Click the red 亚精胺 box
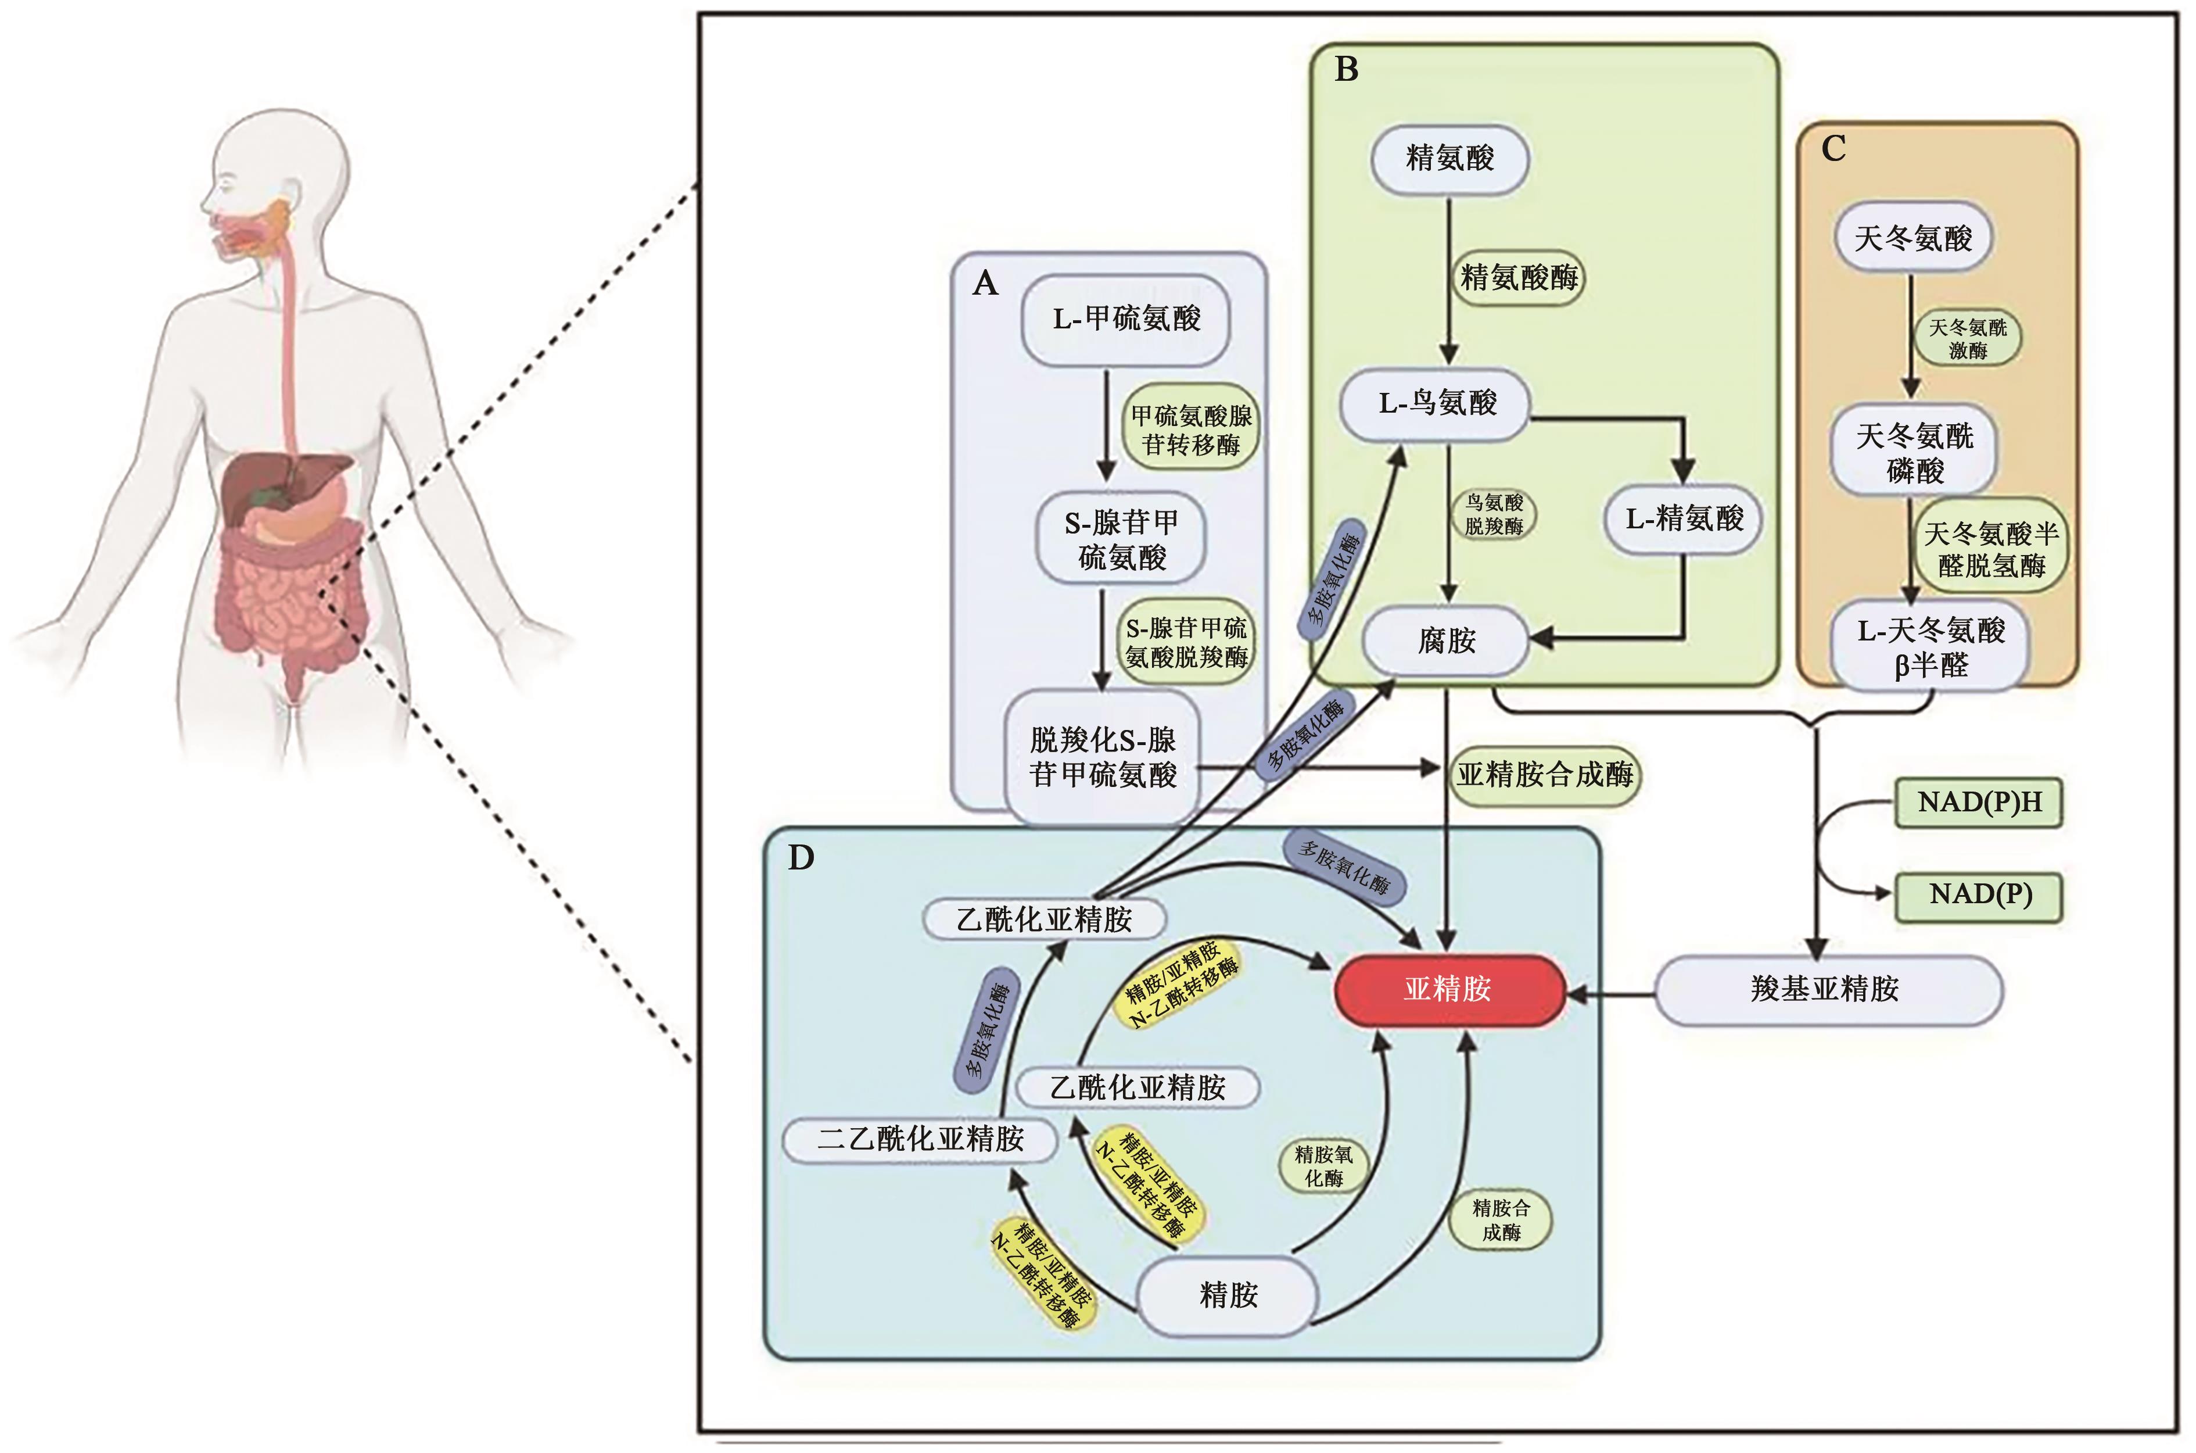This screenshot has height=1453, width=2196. pyautogui.click(x=1448, y=990)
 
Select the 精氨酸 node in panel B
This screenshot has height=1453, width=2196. pyautogui.click(x=1449, y=159)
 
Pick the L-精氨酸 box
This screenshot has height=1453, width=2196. pyautogui.click(x=1684, y=519)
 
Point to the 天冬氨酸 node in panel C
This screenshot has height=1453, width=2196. pyautogui.click(x=1912, y=238)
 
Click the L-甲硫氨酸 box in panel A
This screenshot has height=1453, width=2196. pyautogui.click(x=1125, y=318)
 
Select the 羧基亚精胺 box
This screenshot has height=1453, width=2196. pyautogui.click(x=1825, y=990)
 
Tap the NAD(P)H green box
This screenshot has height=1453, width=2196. pyautogui.click(x=1979, y=803)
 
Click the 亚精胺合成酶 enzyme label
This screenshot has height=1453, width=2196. pyautogui.click(x=1545, y=775)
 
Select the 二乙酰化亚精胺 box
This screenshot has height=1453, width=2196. pyautogui.click(x=920, y=1139)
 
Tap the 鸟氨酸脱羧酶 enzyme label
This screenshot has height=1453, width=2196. pyautogui.click(x=1493, y=514)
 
